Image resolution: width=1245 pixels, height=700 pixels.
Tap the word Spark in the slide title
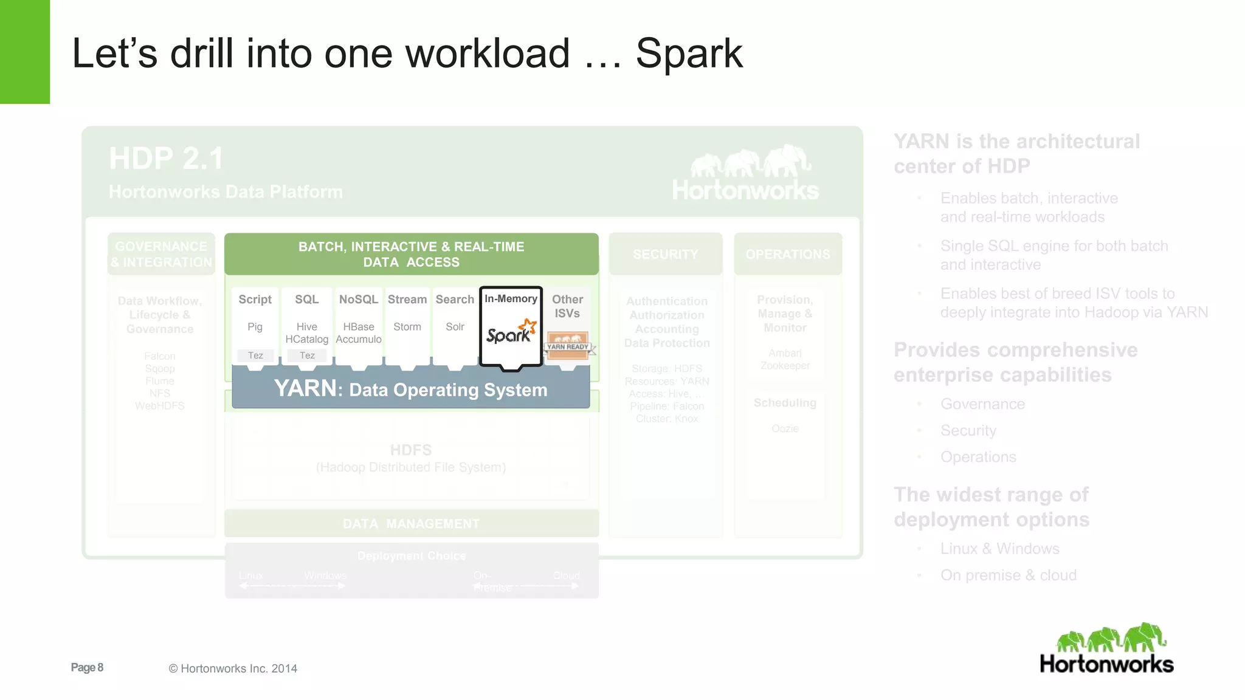tap(689, 53)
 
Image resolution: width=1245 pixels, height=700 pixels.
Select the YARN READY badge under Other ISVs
tap(567, 345)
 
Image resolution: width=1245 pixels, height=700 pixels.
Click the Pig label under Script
tap(255, 327)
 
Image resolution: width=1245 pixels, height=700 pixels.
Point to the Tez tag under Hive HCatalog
tap(307, 355)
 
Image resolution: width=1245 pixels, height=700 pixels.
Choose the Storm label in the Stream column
tap(407, 327)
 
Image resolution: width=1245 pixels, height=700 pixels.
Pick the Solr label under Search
tap(455, 327)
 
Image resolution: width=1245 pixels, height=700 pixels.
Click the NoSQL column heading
tap(358, 300)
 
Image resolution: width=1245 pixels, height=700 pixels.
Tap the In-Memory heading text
tap(511, 299)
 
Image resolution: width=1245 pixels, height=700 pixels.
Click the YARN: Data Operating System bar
tap(410, 389)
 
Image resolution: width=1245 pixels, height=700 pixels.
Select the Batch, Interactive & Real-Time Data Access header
tap(411, 255)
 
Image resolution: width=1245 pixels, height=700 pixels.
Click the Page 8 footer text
tap(87, 668)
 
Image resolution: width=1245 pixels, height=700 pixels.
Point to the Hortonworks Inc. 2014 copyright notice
tap(233, 668)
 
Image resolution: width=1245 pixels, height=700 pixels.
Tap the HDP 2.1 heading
tap(166, 159)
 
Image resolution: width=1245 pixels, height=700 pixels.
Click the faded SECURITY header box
tap(665, 255)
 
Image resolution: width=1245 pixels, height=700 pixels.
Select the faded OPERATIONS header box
tap(787, 255)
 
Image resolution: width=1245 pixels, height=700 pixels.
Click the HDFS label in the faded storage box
tap(411, 450)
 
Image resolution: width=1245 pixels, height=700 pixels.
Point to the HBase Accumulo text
tap(358, 333)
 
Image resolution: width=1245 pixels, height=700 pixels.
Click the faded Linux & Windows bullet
tap(999, 549)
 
